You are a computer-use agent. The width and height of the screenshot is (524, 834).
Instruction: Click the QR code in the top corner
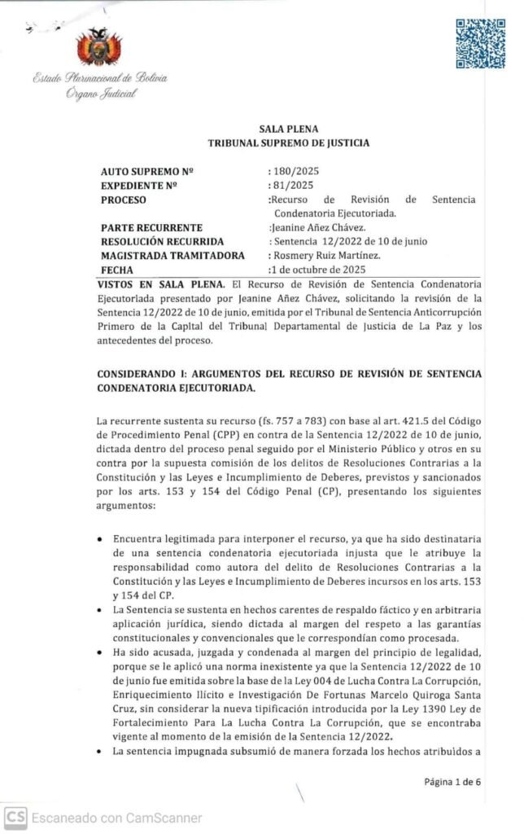click(x=479, y=44)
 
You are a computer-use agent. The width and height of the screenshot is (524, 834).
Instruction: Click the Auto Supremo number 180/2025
click(x=293, y=172)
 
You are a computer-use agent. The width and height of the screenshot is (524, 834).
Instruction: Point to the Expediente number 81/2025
click(x=289, y=186)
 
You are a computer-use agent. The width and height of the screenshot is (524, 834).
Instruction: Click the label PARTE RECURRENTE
click(x=151, y=227)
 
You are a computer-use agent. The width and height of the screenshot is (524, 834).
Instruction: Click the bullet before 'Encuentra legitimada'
click(x=99, y=539)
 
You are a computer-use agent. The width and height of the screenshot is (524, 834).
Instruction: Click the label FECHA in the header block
click(x=115, y=269)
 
